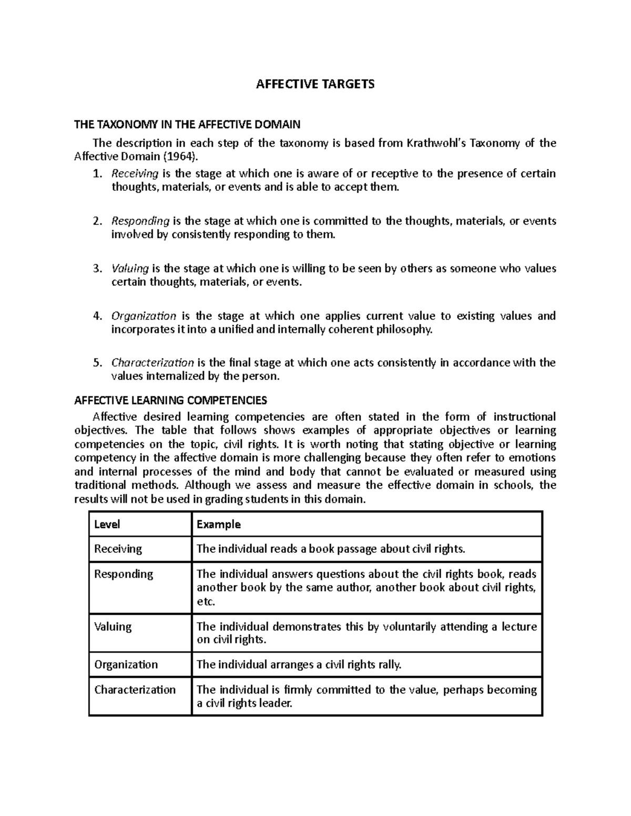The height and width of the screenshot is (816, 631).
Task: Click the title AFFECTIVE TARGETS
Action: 315,85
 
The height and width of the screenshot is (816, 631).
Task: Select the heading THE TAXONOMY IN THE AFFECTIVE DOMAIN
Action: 187,125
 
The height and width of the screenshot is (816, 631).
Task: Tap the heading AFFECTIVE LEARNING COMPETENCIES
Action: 171,401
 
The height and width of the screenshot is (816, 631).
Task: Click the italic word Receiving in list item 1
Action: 135,173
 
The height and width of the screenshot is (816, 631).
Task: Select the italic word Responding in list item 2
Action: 140,221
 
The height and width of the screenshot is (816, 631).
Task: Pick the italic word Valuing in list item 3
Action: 130,269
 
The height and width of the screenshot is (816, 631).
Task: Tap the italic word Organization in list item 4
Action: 144,316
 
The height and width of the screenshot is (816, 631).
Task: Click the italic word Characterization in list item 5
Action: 152,363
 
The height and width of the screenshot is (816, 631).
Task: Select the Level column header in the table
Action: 107,524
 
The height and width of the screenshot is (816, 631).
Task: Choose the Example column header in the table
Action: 218,524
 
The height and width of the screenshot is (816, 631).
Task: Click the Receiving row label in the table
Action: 118,549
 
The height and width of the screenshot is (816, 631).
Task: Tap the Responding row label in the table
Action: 124,574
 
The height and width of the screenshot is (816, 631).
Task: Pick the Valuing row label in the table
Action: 113,627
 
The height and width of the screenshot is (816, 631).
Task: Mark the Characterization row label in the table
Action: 135,690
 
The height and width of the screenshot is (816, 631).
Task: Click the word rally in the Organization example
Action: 390,665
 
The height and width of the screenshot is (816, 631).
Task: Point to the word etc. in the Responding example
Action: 206,602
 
